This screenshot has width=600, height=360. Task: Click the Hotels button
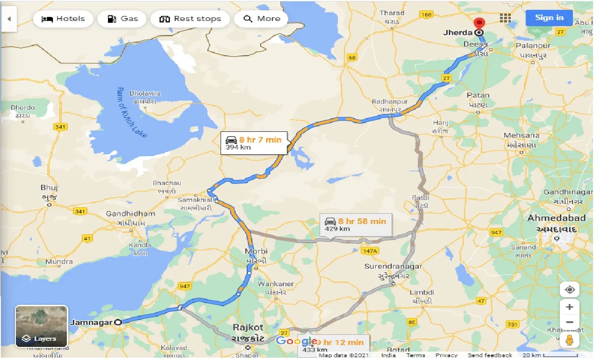(x=63, y=19)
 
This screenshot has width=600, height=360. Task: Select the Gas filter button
(x=122, y=19)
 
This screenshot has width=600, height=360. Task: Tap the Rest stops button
(x=190, y=19)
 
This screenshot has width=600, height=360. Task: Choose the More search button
(x=262, y=19)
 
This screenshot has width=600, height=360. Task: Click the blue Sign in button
(x=549, y=18)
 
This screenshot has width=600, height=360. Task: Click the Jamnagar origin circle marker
(x=118, y=322)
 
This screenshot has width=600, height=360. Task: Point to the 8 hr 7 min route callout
(x=254, y=143)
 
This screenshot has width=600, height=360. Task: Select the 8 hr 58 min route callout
(x=356, y=224)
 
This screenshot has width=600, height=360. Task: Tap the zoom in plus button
(x=570, y=307)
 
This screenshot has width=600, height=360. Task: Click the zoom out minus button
(x=570, y=322)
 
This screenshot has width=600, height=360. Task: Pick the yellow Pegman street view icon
(x=570, y=340)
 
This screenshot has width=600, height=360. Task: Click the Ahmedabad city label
(x=556, y=218)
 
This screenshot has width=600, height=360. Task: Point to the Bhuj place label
(x=49, y=188)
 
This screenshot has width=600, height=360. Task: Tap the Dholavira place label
(x=144, y=94)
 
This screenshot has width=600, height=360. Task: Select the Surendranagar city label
(x=393, y=266)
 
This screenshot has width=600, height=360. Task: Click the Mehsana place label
(x=521, y=136)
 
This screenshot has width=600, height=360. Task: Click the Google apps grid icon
(x=505, y=18)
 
